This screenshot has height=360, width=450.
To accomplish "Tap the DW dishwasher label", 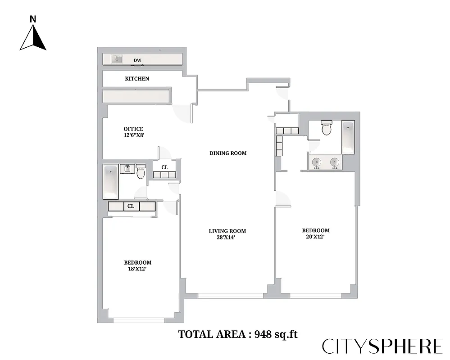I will tap(137, 60).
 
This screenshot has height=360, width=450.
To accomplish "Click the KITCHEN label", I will tap(137, 79).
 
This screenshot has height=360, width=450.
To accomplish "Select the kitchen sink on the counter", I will tap(117, 59).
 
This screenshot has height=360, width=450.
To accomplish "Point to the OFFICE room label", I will tap(133, 129).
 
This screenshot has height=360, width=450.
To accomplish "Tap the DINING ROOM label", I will tap(228, 153).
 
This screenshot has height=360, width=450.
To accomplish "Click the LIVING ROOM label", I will tap(227, 231).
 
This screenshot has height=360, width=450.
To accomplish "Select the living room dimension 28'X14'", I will tap(227, 238).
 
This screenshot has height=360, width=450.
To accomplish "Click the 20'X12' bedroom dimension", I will tap(315, 236).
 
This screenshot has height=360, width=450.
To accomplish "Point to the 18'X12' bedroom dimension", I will tap(137, 269).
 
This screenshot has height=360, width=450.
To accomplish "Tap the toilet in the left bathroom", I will tap(141, 171).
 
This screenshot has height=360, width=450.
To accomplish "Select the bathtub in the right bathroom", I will tap(348, 137).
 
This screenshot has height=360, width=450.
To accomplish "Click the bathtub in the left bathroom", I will tap(111, 182).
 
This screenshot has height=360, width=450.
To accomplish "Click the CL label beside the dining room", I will tap(165, 167).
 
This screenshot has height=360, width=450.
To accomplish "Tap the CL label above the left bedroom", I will tap(131, 206).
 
